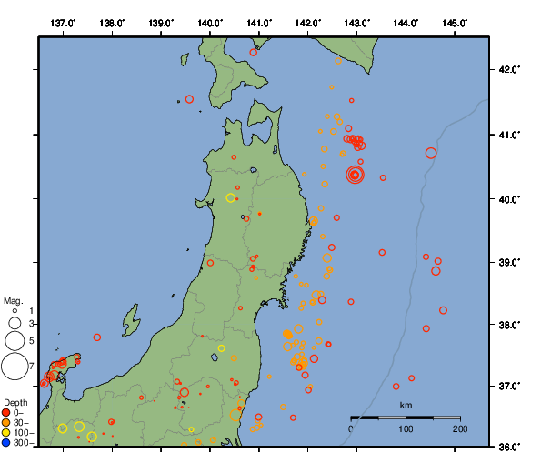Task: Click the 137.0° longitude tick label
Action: point(63,22)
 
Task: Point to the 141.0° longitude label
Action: point(259,22)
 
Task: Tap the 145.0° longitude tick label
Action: point(456,22)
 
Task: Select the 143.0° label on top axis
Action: point(357,22)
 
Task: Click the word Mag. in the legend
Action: point(13,300)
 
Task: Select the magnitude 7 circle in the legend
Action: point(15,367)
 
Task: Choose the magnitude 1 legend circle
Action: point(15,311)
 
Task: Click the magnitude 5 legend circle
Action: point(15,341)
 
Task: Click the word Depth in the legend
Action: point(15,402)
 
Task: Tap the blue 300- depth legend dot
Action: point(6,443)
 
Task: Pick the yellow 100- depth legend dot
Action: point(6,433)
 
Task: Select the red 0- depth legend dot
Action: point(6,413)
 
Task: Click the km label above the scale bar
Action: point(406,406)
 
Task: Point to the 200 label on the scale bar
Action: point(459,428)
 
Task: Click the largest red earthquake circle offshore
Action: point(355,175)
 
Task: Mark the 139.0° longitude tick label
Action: point(161,22)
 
